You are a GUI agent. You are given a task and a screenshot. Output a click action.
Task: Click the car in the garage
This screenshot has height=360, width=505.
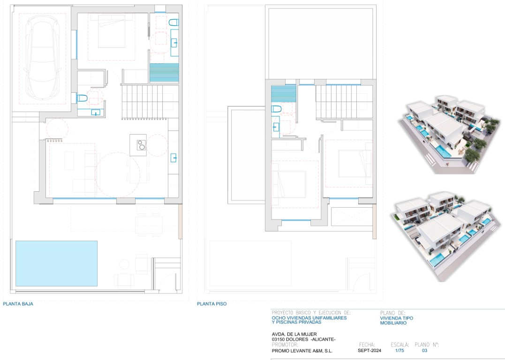[43, 57]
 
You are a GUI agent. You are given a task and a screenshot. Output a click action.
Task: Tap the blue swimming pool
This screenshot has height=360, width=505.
[56, 263]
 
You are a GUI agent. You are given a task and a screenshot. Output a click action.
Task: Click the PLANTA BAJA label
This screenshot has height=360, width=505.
[18, 304]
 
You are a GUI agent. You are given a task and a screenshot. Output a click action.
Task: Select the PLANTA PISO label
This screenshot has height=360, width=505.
[211, 304]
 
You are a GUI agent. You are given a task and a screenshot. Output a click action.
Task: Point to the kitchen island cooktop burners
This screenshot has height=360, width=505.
[141, 145]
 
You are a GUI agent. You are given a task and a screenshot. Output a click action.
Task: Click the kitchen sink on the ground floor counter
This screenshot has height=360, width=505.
[173, 158]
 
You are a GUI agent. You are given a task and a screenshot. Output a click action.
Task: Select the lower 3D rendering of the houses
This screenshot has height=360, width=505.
[446, 236]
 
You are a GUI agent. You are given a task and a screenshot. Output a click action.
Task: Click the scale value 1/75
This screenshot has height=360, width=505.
[399, 351]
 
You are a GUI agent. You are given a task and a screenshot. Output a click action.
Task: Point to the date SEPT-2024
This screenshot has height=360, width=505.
[369, 351]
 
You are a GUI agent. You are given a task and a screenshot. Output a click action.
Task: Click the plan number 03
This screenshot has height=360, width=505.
[424, 351]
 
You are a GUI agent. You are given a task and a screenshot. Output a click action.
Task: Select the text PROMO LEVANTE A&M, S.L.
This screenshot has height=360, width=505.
[302, 351]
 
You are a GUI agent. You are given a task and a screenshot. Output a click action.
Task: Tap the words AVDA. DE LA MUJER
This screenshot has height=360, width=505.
[294, 334]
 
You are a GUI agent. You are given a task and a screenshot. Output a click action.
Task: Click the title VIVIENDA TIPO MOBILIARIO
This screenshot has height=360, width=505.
[397, 321]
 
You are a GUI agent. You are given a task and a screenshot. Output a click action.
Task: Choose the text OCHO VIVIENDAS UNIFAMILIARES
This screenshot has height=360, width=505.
[309, 318]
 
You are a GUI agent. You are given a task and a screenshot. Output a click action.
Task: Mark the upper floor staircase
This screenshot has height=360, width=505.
[344, 102]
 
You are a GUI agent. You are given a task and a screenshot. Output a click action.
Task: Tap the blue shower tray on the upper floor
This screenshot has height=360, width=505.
[284, 94]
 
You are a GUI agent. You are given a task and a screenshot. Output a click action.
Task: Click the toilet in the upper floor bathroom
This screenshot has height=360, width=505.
[276, 109]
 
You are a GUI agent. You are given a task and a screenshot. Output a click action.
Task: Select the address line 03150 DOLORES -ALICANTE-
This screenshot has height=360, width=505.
[304, 339]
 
